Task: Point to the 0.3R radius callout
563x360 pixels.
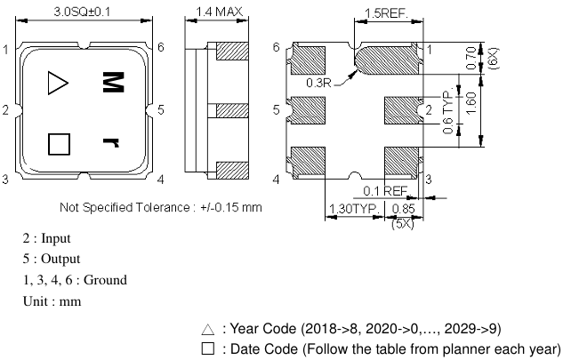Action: [318, 83]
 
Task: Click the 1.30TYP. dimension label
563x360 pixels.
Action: [348, 210]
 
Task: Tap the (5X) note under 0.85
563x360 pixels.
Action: [402, 223]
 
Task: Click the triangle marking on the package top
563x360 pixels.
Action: [57, 84]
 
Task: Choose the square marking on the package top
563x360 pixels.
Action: [59, 142]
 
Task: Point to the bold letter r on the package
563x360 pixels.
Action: [111, 142]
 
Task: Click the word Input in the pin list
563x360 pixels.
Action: [54, 238]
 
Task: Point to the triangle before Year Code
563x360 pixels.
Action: [208, 329]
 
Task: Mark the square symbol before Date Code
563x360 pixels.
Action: [208, 348]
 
